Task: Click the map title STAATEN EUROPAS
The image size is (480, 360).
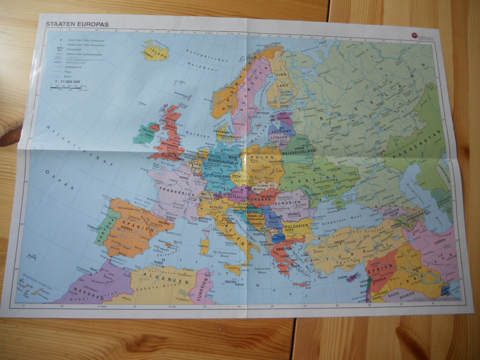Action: (77, 23)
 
